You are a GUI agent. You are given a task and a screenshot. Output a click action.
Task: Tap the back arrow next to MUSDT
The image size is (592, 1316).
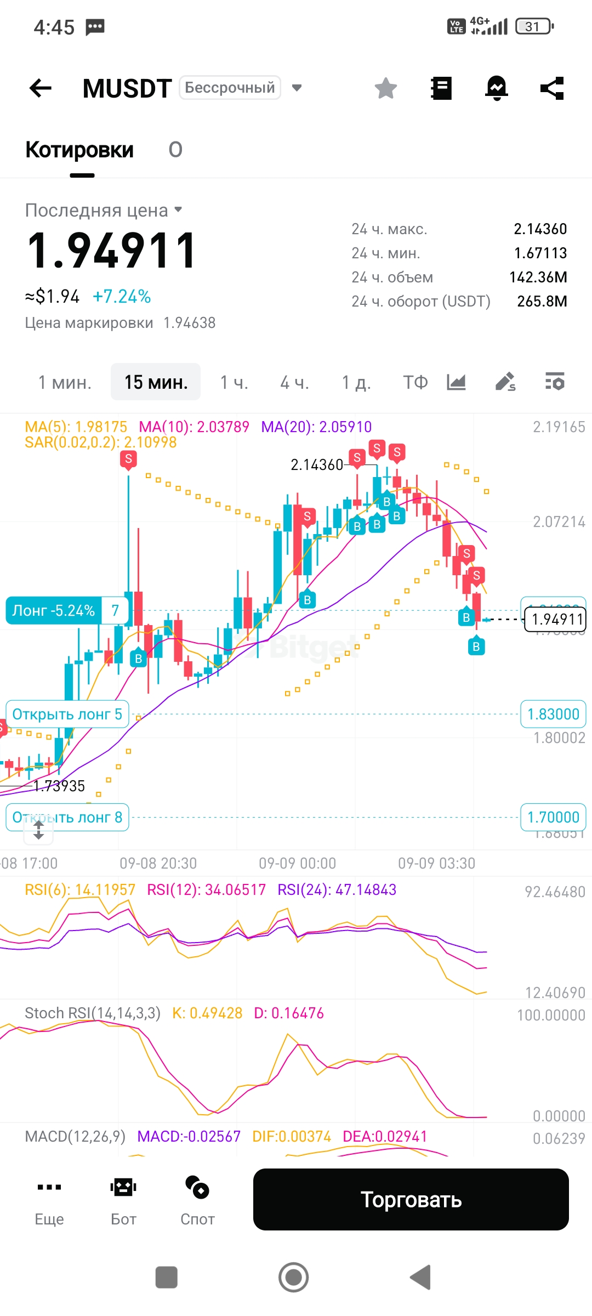coord(41,88)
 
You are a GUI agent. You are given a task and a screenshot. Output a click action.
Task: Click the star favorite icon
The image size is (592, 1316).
coord(386,88)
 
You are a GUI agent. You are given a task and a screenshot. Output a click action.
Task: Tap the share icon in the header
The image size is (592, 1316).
coord(552,88)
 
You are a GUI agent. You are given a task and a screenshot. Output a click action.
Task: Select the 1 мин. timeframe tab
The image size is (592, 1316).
coord(65,382)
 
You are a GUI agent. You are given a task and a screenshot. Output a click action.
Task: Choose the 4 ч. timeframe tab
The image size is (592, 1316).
coord(294,382)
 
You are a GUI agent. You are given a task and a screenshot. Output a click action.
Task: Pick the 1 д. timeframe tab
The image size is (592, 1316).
coord(356,382)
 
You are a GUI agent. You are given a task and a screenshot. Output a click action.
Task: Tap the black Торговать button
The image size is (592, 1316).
coord(411,1199)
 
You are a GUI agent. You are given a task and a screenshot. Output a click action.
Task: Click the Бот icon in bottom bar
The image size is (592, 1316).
coord(123,1199)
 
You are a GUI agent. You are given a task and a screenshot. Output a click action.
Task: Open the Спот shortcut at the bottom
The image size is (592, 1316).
coord(197,1199)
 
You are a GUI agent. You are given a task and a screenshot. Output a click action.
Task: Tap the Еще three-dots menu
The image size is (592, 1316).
coord(49,1199)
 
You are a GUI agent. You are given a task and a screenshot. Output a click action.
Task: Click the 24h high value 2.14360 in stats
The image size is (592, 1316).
coord(540,229)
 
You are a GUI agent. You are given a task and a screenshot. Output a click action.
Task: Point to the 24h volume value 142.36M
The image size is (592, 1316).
coord(538,277)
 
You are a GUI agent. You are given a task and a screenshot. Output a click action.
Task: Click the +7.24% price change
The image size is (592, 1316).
coord(122,297)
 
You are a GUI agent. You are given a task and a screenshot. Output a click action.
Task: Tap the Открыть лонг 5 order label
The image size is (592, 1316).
coord(67,714)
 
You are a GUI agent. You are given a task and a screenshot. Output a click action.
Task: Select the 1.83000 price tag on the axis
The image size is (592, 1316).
coord(553,714)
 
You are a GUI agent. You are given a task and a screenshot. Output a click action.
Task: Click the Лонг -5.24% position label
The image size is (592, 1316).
coord(54,610)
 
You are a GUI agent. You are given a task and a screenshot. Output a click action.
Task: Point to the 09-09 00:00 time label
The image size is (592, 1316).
coord(297,864)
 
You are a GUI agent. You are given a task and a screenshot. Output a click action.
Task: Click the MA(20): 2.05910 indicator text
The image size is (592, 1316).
coord(316,427)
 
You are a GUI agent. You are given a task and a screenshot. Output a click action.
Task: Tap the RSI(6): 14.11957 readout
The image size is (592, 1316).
coord(80,889)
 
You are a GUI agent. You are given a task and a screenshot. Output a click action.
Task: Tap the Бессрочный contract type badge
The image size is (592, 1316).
coord(230,88)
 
